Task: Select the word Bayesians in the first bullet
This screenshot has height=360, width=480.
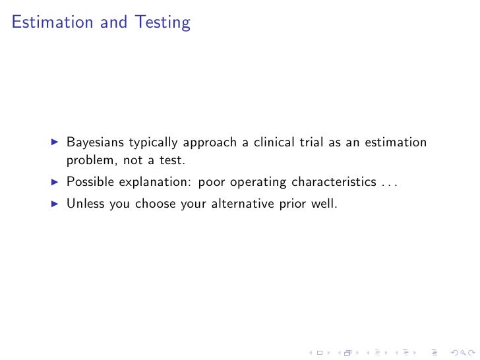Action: pyautogui.click(x=95, y=143)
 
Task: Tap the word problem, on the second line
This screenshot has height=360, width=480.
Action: pyautogui.click(x=90, y=160)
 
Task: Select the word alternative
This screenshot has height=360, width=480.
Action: pyautogui.click(x=242, y=204)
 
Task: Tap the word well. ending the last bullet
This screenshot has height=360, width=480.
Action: pyautogui.click(x=324, y=204)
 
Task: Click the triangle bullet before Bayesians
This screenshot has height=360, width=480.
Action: pyautogui.click(x=54, y=143)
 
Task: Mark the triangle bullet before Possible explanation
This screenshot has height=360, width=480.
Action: pyautogui.click(x=54, y=182)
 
